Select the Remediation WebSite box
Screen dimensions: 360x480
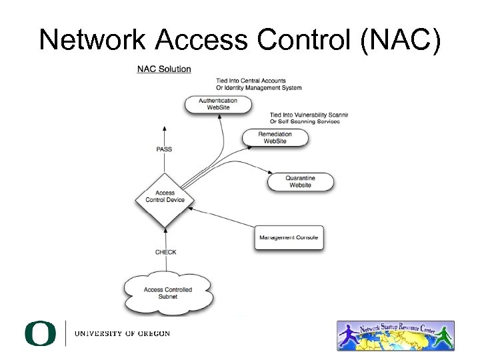275,138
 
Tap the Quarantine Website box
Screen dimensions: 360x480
300,181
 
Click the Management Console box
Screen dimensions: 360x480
289,237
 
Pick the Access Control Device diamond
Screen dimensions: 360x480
165,197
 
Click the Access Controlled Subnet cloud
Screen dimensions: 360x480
168,293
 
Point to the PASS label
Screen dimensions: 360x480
164,149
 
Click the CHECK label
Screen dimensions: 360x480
165,252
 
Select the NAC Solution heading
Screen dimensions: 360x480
164,69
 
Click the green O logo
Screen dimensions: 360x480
40,333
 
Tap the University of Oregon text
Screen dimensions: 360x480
122,333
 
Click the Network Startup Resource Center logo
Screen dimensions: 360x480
395,335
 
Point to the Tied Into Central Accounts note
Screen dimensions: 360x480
251,81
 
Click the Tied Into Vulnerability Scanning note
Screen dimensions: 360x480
309,115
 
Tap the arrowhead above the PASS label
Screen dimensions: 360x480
164,127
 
